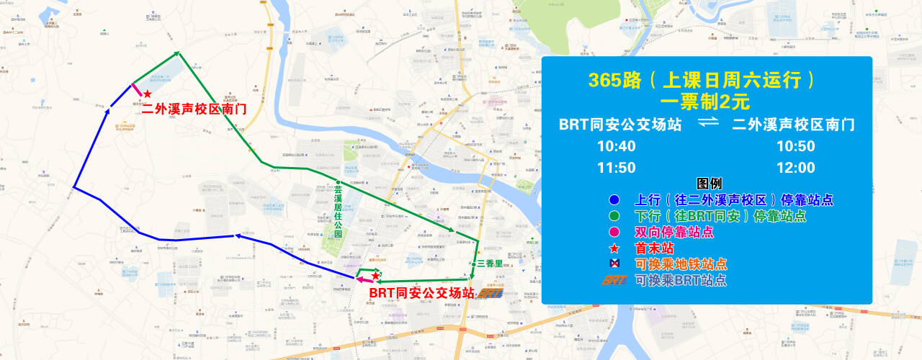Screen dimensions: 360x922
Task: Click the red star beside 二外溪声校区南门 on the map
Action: [147, 94]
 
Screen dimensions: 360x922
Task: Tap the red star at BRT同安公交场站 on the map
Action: [375, 276]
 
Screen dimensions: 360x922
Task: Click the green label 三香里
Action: [489, 264]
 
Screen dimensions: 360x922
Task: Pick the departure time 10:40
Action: [616, 146]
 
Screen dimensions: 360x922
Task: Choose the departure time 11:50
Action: [616, 168]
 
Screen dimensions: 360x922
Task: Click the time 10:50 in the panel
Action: [795, 146]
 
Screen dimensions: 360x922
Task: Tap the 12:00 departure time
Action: [795, 168]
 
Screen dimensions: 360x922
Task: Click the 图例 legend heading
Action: [709, 184]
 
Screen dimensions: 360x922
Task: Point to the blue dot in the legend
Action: [614, 200]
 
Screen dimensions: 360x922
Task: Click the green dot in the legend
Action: [614, 216]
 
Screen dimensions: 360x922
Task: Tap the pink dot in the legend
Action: [614, 232]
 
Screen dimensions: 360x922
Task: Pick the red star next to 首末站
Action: [614, 248]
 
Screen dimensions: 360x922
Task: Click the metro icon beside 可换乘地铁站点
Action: [614, 264]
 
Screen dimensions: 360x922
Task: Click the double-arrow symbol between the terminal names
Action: [709, 124]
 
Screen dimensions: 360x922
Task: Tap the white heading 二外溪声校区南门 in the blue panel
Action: [794, 124]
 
